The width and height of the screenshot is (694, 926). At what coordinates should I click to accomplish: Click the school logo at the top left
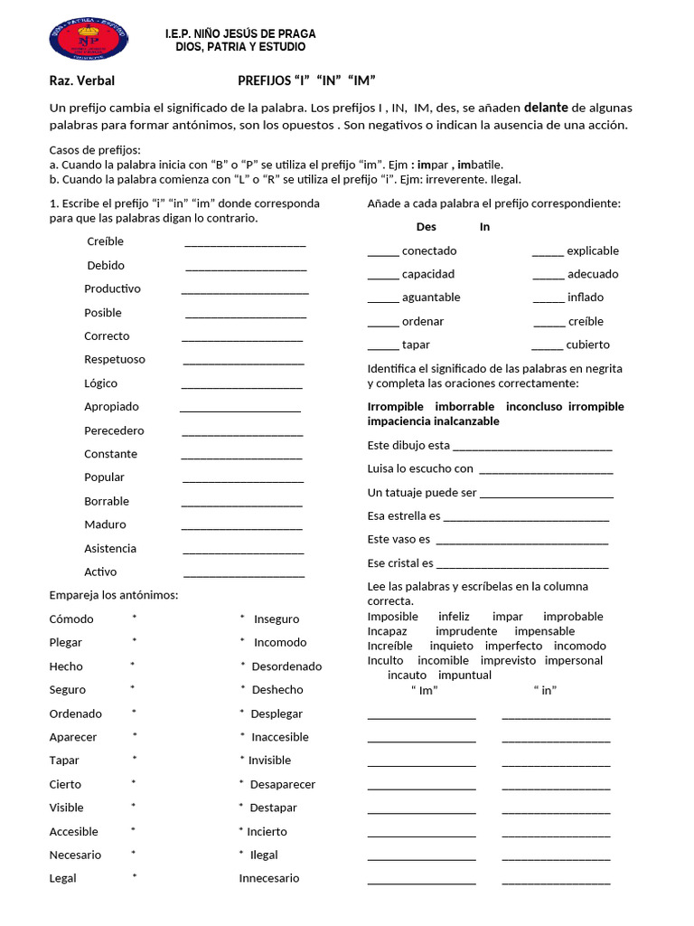[88, 41]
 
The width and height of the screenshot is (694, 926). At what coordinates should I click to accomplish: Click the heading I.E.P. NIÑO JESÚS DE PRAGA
[240, 33]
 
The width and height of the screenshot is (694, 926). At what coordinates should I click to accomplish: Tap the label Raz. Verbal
[81, 80]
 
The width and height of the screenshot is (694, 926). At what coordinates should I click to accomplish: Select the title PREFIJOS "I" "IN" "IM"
[306, 80]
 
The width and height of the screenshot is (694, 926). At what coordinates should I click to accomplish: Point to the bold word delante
[545, 108]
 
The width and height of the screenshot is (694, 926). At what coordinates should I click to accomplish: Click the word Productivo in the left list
[112, 288]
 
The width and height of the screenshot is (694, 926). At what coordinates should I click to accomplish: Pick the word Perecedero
[114, 430]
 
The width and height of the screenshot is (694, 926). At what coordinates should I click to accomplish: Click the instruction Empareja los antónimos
[114, 594]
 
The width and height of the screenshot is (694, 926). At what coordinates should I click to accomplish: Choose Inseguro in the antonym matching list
[277, 619]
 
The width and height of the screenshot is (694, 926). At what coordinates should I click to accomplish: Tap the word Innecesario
[269, 878]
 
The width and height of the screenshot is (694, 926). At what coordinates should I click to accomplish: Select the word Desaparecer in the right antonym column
[283, 784]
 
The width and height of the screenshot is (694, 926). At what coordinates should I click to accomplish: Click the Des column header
[426, 227]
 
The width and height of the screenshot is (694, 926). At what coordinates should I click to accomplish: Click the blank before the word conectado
[383, 253]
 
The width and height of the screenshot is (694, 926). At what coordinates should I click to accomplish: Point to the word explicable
[593, 250]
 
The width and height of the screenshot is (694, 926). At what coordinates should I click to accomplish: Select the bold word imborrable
[464, 406]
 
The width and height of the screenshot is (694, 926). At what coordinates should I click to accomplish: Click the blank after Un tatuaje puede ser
[547, 496]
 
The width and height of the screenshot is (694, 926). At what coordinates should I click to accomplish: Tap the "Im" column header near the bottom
[424, 690]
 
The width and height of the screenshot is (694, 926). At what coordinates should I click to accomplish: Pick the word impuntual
[464, 675]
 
